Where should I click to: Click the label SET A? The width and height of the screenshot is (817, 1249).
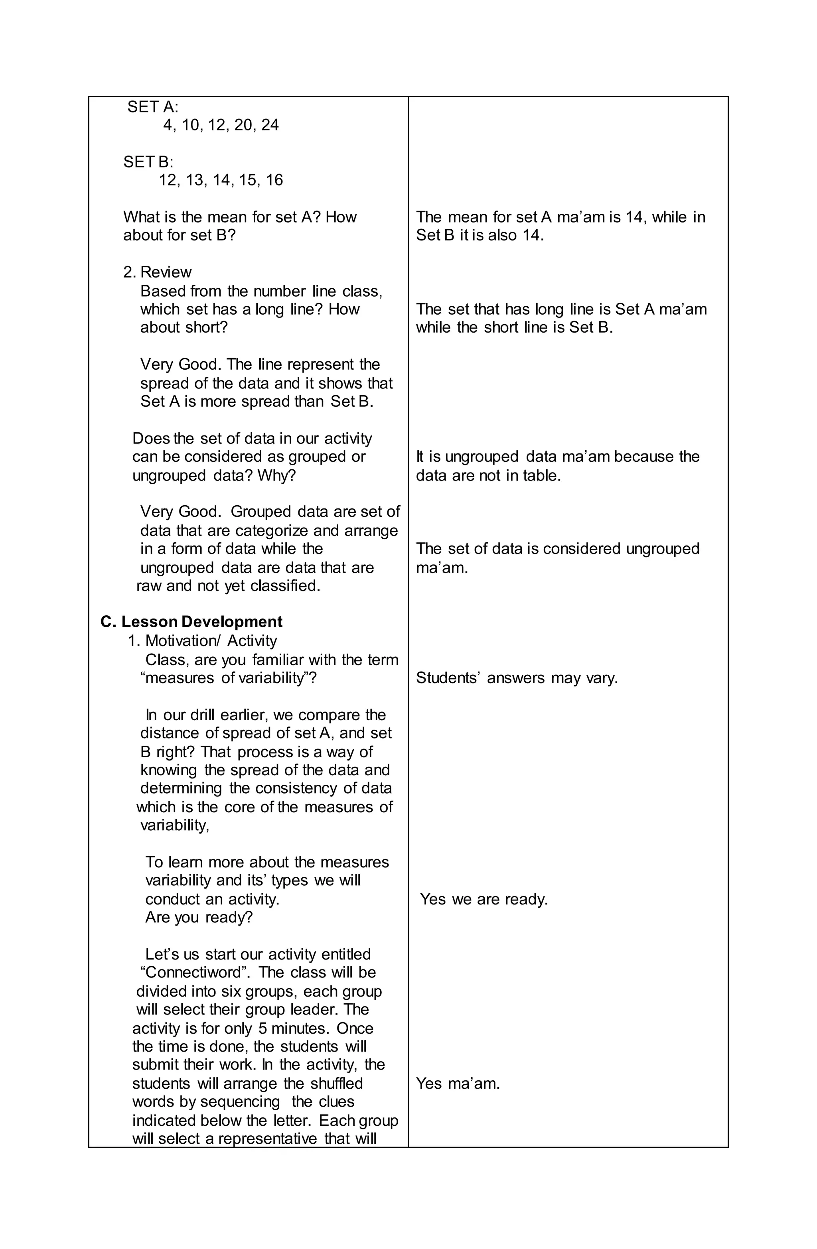tap(153, 107)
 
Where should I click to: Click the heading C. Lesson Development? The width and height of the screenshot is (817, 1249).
tap(191, 622)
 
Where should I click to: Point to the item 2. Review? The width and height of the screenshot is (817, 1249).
tap(158, 272)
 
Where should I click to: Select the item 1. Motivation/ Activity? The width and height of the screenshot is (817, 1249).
tap(202, 641)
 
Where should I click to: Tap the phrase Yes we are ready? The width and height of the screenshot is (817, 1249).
tap(483, 900)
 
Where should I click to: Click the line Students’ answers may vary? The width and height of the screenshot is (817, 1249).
tap(517, 678)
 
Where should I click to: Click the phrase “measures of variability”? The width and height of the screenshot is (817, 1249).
tap(229, 678)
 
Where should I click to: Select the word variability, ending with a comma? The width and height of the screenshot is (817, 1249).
tap(175, 825)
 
